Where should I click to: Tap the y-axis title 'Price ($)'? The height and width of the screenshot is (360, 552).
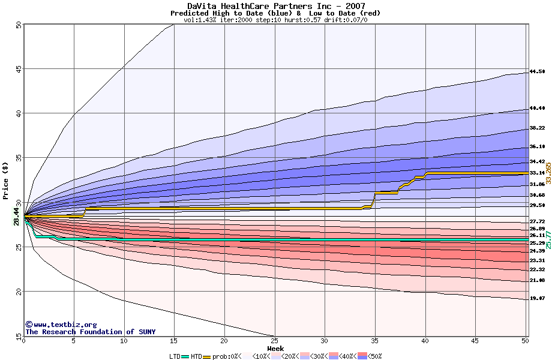point(6,180)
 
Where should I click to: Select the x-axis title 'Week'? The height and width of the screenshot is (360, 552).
point(275,348)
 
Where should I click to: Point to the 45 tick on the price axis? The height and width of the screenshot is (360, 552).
point(19,70)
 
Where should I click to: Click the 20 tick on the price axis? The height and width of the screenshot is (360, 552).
point(19,292)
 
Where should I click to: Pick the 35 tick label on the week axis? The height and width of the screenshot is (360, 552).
point(375,341)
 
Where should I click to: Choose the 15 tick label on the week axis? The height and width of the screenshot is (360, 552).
point(174,341)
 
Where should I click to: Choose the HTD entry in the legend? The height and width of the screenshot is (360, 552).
point(196,356)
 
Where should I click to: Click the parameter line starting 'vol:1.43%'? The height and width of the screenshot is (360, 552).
point(275,20)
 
